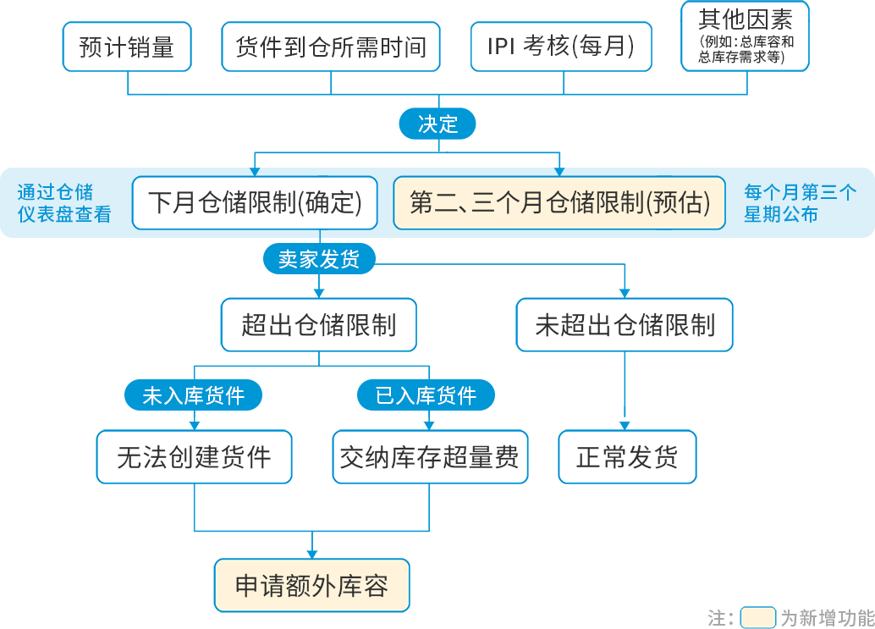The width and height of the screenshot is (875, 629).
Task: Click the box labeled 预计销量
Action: point(127,47)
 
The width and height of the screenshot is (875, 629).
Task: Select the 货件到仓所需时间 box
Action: point(331,47)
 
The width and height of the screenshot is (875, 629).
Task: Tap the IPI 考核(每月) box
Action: point(561,47)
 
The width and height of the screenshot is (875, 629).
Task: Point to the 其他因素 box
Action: point(746,36)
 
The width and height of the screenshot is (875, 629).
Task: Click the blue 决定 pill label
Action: point(437,124)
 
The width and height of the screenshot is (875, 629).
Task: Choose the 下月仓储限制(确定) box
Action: point(255,203)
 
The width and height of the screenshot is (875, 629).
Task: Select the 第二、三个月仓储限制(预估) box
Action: point(559,203)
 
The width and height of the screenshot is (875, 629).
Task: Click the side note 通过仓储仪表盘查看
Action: point(64,203)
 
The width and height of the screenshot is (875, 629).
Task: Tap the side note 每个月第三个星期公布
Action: point(800,203)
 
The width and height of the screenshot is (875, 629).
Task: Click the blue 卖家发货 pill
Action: point(319,259)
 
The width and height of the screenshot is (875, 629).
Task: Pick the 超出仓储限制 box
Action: point(319,325)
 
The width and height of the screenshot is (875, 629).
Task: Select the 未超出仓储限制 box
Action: point(625,325)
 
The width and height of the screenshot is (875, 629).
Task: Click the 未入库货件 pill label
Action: point(194,395)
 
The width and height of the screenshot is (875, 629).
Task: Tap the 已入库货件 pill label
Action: point(426,395)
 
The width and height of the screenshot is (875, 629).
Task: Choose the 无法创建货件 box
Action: point(194,457)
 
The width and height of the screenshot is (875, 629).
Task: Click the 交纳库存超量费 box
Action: point(430,457)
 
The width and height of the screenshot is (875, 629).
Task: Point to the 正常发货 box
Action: point(627,457)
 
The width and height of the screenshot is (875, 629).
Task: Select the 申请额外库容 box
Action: point(311,585)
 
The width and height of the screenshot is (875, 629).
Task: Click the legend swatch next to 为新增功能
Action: point(757,617)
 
